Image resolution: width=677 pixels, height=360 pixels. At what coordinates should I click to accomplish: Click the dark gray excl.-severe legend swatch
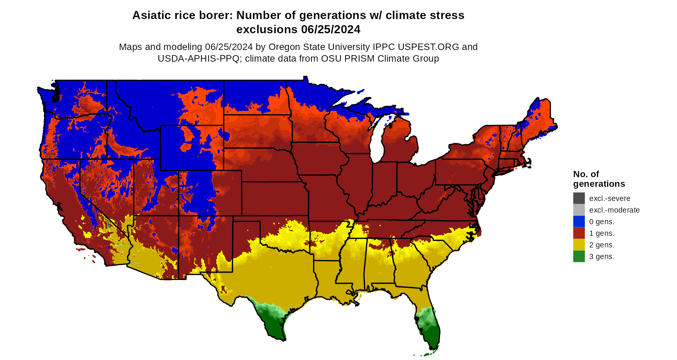click(x=579, y=198)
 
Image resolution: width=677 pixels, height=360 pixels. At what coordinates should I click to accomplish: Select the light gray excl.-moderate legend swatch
click(x=579, y=210)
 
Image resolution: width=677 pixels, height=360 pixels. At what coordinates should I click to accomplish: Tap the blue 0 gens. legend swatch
click(x=579, y=221)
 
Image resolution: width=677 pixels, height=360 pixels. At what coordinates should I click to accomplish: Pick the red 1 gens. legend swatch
click(x=579, y=233)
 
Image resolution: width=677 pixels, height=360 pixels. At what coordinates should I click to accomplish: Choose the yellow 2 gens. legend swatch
click(x=579, y=245)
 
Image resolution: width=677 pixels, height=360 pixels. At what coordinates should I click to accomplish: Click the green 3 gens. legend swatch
click(x=579, y=256)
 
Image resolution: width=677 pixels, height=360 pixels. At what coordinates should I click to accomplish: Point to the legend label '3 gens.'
click(x=602, y=256)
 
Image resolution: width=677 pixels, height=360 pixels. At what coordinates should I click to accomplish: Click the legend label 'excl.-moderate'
click(x=614, y=210)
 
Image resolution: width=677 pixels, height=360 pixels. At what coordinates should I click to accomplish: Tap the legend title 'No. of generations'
click(x=599, y=179)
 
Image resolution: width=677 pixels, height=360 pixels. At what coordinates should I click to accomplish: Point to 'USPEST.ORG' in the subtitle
click(x=428, y=47)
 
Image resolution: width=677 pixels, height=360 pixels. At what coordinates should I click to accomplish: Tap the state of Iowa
click(x=319, y=158)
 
